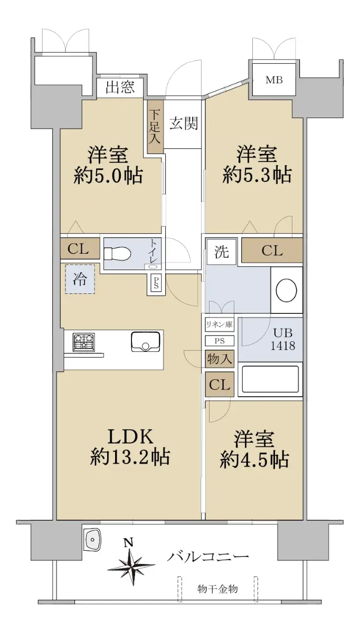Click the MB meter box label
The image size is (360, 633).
pos(274,80)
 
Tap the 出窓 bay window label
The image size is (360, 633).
pos(120,87)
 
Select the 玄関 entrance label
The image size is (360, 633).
pos(184,123)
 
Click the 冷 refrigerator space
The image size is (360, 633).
pos(80,279)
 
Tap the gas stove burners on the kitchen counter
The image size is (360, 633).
pos(84,342)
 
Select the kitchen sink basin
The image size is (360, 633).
pos(145,342)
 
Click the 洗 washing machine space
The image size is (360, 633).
pos(221,252)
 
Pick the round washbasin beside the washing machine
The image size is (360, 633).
pos(287,290)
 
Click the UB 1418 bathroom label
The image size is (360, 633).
pos(283,339)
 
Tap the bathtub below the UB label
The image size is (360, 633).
pos(270,379)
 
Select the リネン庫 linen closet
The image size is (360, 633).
pos(220,325)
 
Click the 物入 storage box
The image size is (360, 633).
pos(220,359)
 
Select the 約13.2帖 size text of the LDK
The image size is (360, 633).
pos(130,457)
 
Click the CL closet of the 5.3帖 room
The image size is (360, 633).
pos(272,251)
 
